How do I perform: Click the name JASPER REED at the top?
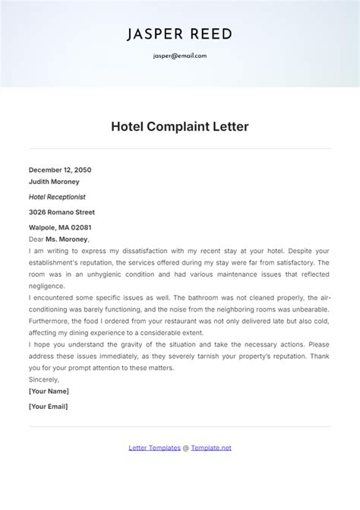(179, 34)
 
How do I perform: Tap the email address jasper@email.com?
(179, 55)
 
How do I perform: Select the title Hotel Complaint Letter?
(180, 127)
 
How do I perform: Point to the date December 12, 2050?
(60, 169)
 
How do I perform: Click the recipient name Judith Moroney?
(54, 182)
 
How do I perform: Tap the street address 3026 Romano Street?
(62, 212)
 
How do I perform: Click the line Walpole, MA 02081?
(60, 227)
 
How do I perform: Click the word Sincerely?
(44, 379)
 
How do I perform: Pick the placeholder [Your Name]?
(49, 391)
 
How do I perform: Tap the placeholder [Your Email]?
(48, 407)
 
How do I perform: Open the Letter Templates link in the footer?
(154, 448)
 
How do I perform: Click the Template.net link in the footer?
(211, 448)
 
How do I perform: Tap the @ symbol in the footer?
(185, 448)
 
